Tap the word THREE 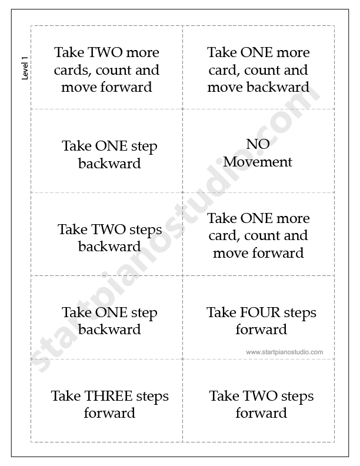tap(109, 396)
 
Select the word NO tap(258, 144)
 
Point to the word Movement tap(258, 162)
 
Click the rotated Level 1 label tap(25, 68)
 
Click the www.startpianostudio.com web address tap(285, 352)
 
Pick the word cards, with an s tap(73, 71)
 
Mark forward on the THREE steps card tap(109, 413)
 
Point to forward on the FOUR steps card tap(261, 329)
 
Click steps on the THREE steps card tap(152, 397)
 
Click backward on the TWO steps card tap(109, 247)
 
